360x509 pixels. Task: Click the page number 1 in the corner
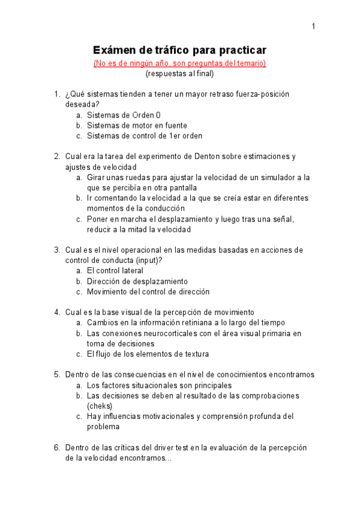tap(313, 26)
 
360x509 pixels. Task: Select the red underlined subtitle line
tap(179, 63)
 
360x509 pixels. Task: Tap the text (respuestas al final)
tap(179, 74)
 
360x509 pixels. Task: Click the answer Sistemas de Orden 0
tap(124, 115)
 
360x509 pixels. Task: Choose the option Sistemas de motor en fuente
tap(137, 125)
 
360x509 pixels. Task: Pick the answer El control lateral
tap(115, 271)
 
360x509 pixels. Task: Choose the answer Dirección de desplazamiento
tap(137, 281)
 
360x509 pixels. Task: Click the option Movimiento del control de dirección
tap(148, 292)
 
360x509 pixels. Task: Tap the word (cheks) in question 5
tap(100, 406)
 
